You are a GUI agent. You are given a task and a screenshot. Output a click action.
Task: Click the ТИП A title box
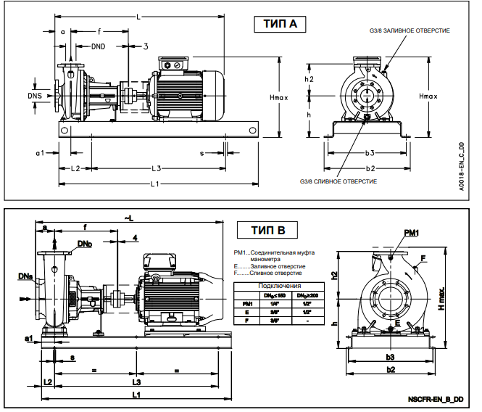click(x=277, y=25)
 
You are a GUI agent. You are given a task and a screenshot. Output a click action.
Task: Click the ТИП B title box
click(x=268, y=231)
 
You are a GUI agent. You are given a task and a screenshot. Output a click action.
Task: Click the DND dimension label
click(x=102, y=47)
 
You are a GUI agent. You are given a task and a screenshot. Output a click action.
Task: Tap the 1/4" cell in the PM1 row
click(x=274, y=302)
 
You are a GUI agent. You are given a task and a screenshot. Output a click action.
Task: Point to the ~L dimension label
click(x=128, y=218)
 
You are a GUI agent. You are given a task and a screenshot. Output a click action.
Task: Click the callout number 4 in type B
click(x=136, y=238)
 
